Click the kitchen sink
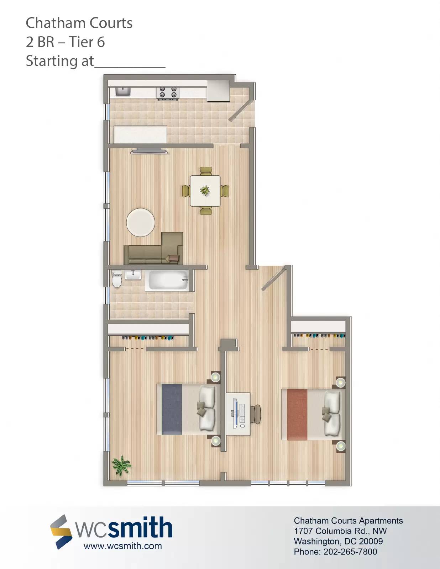[x=123, y=92]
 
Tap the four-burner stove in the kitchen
[x=168, y=93]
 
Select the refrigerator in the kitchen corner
[x=219, y=91]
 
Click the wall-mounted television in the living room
[x=149, y=151]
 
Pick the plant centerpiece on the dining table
[x=205, y=190]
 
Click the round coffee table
[x=141, y=223]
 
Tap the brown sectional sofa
[x=153, y=249]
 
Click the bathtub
[x=167, y=281]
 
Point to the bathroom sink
[x=133, y=275]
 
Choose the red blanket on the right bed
[x=297, y=415]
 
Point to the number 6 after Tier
[x=101, y=42]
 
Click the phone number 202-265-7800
[x=350, y=552]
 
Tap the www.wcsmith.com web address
[x=123, y=546]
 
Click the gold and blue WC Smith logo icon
[x=61, y=532]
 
